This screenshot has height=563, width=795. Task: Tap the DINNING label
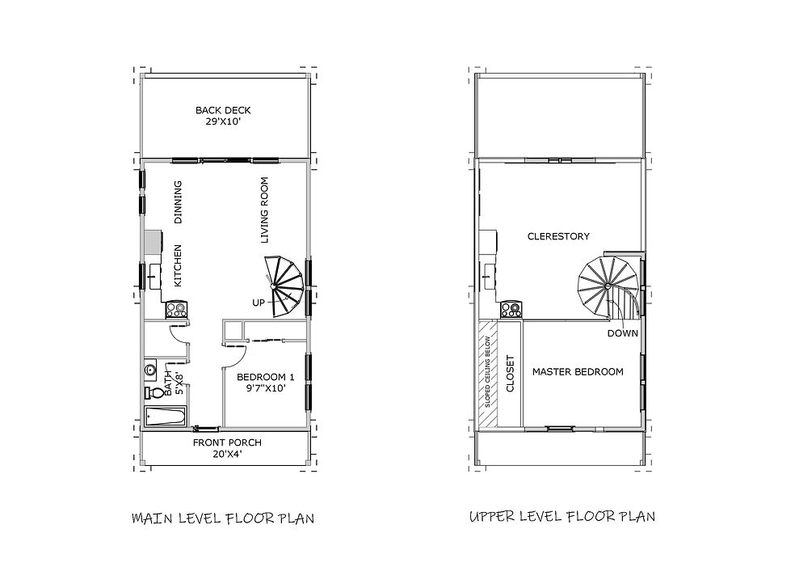point(179,201)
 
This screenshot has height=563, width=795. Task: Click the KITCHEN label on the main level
point(179,265)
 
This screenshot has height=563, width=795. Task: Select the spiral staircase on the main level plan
point(285,285)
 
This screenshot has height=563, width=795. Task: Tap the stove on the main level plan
point(176,308)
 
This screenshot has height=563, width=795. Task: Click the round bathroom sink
point(150,370)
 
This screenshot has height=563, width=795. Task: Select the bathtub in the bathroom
point(165,417)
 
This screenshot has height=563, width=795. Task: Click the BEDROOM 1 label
point(265,377)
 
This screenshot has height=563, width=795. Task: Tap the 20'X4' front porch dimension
point(226,455)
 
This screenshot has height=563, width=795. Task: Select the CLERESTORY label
point(557,236)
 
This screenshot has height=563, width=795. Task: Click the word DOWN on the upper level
point(621,332)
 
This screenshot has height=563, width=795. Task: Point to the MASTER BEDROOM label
point(577,372)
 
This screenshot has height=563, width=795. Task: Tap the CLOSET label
point(510,373)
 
